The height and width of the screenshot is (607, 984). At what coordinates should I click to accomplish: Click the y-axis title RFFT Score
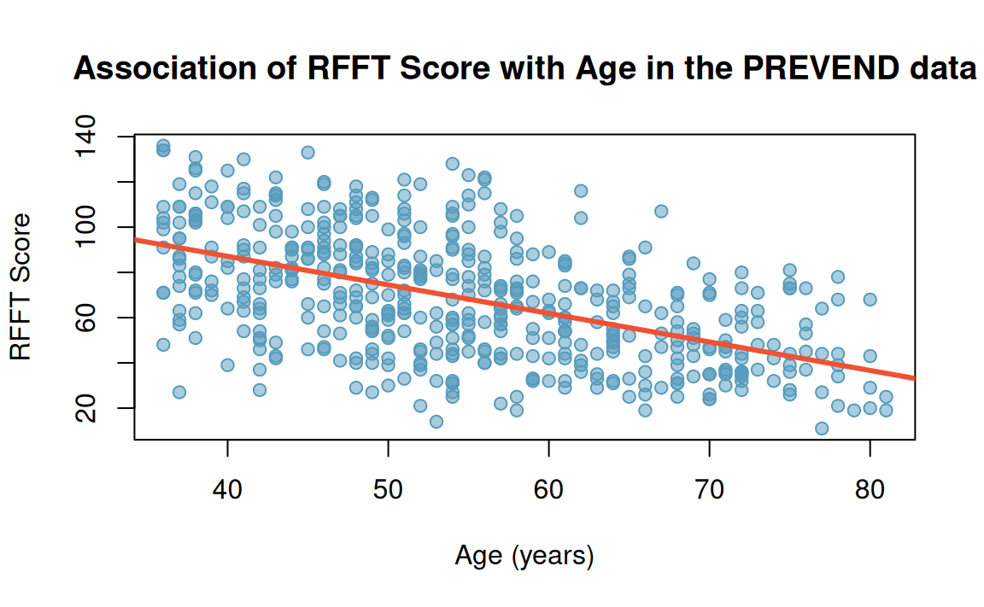(20, 287)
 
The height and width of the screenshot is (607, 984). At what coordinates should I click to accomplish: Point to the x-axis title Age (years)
(524, 557)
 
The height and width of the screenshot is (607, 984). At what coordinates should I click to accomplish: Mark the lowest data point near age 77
(822, 429)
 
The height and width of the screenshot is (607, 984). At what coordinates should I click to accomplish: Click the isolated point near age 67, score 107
(661, 211)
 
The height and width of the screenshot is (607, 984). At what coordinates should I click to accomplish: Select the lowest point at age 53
(436, 422)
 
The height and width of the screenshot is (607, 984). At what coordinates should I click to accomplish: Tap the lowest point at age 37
(179, 392)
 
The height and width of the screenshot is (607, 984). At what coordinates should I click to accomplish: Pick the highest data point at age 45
(307, 152)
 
